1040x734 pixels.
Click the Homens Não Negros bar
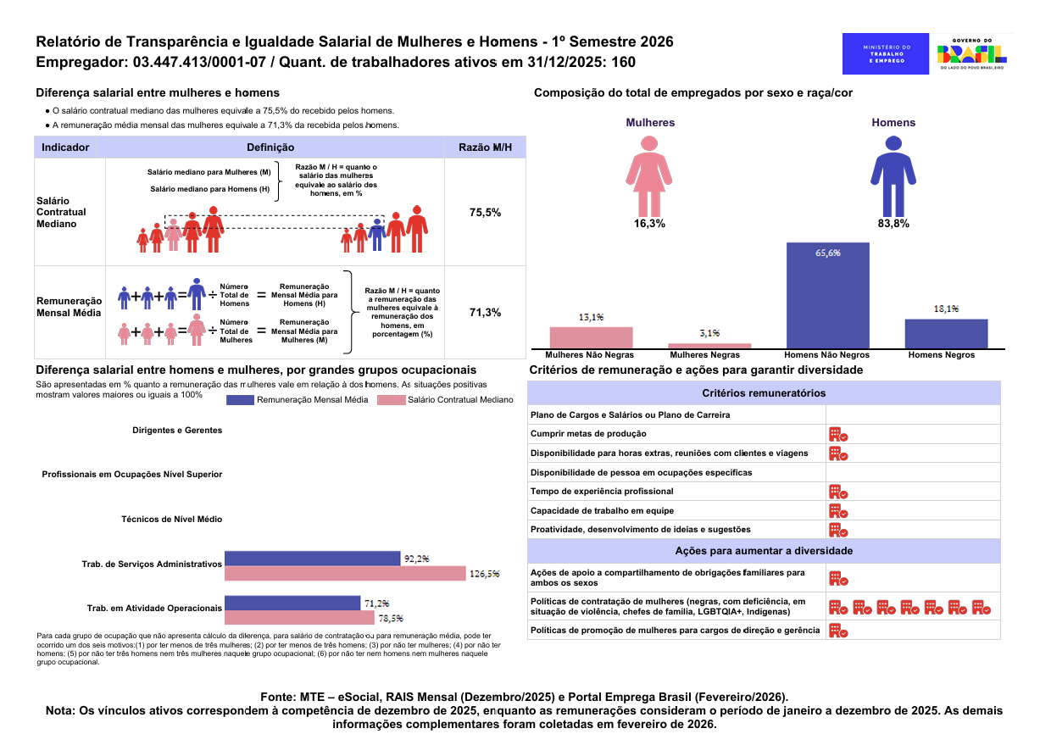click(x=828, y=295)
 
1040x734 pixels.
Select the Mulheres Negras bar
click(x=709, y=346)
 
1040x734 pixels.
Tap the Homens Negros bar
click(x=946, y=333)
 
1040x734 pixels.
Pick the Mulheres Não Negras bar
click(x=591, y=337)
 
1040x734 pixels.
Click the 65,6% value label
click(x=828, y=253)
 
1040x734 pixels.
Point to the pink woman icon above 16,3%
click(x=649, y=176)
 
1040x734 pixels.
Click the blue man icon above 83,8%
click(x=893, y=176)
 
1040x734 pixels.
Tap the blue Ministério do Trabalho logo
click(x=886, y=54)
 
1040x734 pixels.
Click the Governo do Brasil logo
click(x=971, y=54)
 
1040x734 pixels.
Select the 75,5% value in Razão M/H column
click(x=485, y=213)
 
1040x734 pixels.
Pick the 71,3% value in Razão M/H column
click(x=485, y=313)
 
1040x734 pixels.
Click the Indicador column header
click(x=65, y=147)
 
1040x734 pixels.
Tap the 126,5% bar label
click(x=484, y=574)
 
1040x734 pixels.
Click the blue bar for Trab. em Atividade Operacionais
click(x=292, y=603)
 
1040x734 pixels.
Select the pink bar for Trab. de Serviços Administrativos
click(x=345, y=573)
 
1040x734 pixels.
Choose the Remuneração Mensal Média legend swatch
click(x=240, y=400)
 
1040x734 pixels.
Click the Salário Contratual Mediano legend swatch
click(x=392, y=400)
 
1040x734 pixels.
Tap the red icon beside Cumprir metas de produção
click(x=838, y=435)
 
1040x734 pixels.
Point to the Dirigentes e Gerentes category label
click(x=177, y=431)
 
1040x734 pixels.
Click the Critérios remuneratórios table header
click(x=764, y=393)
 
